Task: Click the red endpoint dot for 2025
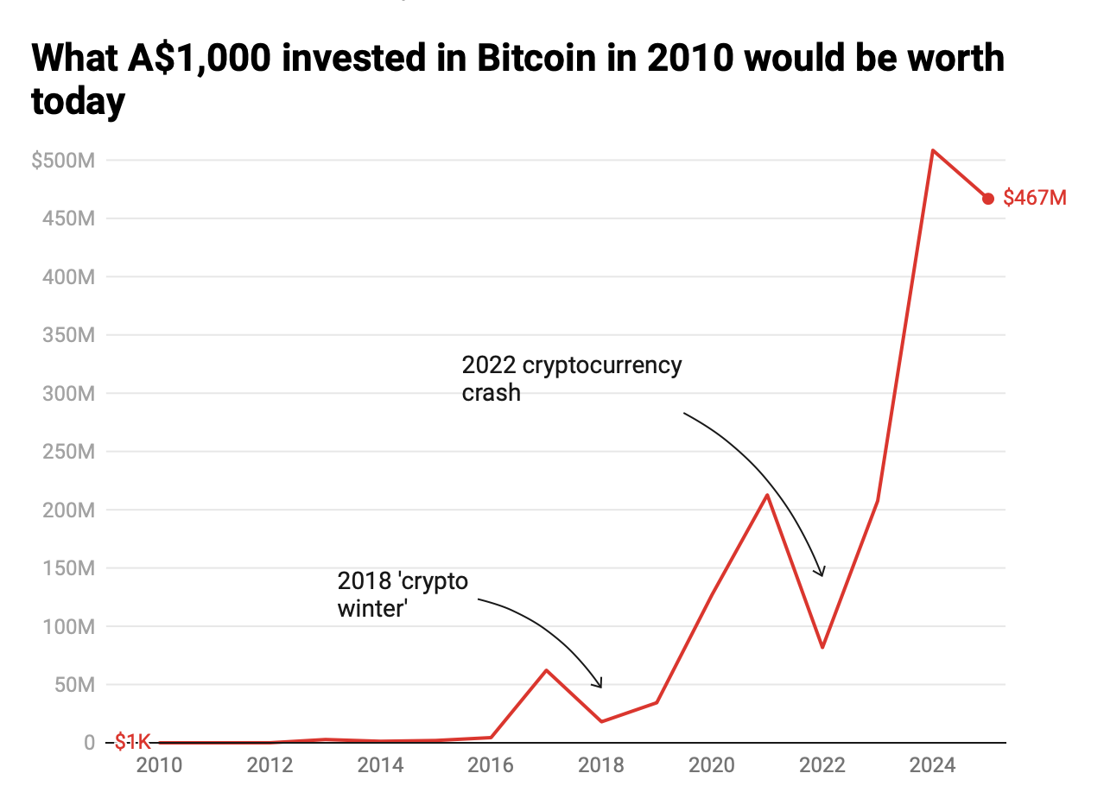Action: click(x=988, y=199)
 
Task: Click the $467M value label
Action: click(x=1035, y=199)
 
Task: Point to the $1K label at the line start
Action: click(x=132, y=741)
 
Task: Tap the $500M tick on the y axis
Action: click(x=63, y=161)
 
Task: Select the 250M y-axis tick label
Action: click(x=67, y=452)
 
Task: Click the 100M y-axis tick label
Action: click(x=67, y=626)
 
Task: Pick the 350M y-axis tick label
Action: click(x=67, y=335)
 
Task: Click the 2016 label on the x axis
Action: click(x=491, y=765)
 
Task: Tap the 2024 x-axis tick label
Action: click(x=933, y=765)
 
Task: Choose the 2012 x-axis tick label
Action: click(x=270, y=765)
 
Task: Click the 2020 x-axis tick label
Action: click(x=712, y=765)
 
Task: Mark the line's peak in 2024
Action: click(x=933, y=150)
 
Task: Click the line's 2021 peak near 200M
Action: click(x=767, y=495)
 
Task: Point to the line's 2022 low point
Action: click(x=822, y=647)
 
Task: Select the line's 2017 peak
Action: click(x=546, y=670)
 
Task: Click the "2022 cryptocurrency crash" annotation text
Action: click(x=571, y=378)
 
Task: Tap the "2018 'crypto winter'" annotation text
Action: click(x=403, y=594)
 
